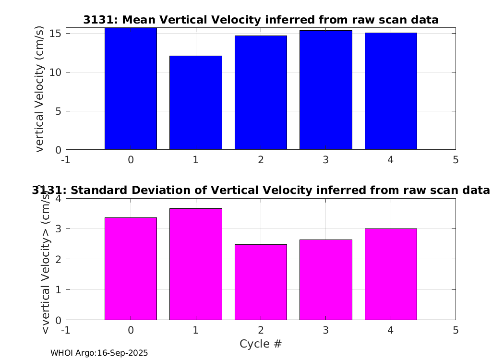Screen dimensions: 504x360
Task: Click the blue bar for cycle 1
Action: tap(196, 103)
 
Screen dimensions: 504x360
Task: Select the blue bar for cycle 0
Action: tap(131, 89)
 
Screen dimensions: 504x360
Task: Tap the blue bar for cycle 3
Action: tap(326, 90)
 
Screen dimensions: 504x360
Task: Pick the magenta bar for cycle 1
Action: tap(196, 264)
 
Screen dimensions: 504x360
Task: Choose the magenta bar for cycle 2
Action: tap(261, 282)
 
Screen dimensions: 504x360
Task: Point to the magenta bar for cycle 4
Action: tap(391, 274)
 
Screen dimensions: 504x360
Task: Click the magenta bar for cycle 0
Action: tap(131, 269)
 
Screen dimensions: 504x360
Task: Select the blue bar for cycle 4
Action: tap(391, 91)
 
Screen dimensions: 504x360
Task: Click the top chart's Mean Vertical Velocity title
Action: tap(261, 20)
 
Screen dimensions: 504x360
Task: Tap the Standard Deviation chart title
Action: tap(261, 190)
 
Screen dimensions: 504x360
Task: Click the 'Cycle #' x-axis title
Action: tap(261, 344)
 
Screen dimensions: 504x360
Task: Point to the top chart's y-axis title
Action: tap(39, 89)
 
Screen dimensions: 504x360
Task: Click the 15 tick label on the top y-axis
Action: tap(55, 34)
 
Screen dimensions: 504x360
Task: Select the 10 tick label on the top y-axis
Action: tap(55, 72)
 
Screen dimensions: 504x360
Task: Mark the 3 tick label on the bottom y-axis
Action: tap(58, 229)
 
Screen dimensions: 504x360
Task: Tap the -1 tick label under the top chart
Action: tap(66, 160)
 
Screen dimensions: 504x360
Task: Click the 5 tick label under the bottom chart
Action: tap(456, 330)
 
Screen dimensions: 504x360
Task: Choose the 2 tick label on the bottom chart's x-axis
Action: tap(261, 330)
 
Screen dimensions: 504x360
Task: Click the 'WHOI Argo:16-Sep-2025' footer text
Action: tap(99, 353)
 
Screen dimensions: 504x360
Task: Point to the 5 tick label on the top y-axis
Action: tap(58, 111)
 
